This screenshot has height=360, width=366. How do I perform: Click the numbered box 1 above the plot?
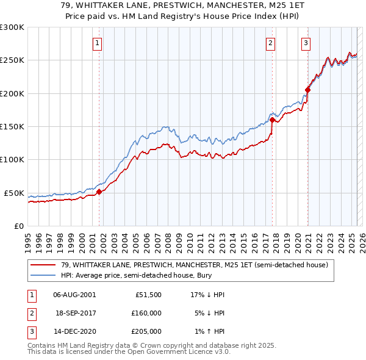coord(98,43)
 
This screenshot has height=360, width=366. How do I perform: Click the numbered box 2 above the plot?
coord(270,43)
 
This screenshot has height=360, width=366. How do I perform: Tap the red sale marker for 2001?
coord(99,192)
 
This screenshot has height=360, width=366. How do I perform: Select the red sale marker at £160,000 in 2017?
coord(272,120)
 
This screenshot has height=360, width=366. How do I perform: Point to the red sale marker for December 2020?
coord(307,90)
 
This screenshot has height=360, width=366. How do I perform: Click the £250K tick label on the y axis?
coord(12,60)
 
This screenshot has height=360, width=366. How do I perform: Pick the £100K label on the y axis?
coord(12,159)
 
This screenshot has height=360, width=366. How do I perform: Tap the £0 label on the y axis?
coord(18,226)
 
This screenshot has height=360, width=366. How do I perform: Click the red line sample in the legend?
coord(43,265)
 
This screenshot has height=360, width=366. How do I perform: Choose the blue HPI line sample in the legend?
coord(43,276)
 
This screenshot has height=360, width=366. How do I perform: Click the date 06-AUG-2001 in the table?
coord(74,294)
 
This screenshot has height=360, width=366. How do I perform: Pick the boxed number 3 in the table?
coord(30,331)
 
